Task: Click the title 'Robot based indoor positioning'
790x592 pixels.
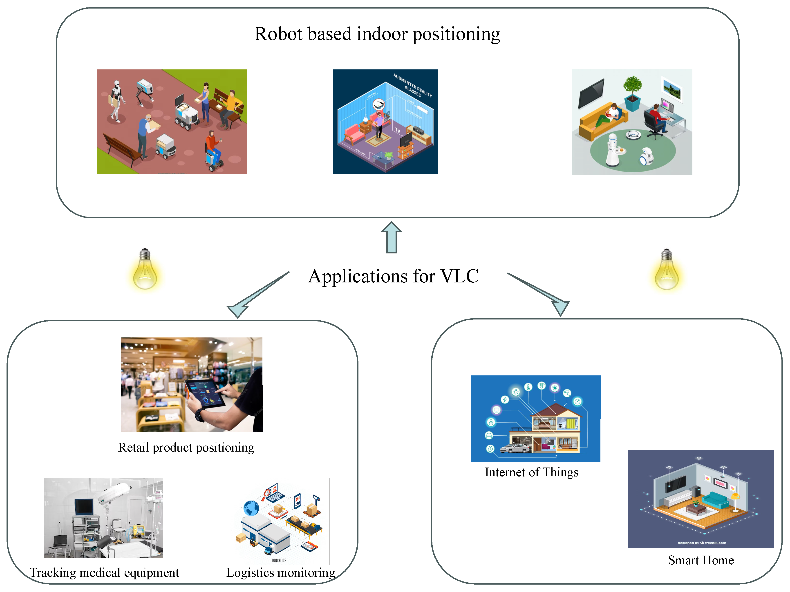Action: pyautogui.click(x=377, y=34)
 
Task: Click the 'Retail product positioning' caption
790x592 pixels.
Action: pyautogui.click(x=186, y=447)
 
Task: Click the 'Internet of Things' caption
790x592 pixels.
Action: pyautogui.click(x=531, y=472)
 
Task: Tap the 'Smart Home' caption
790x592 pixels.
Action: pyautogui.click(x=701, y=560)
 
